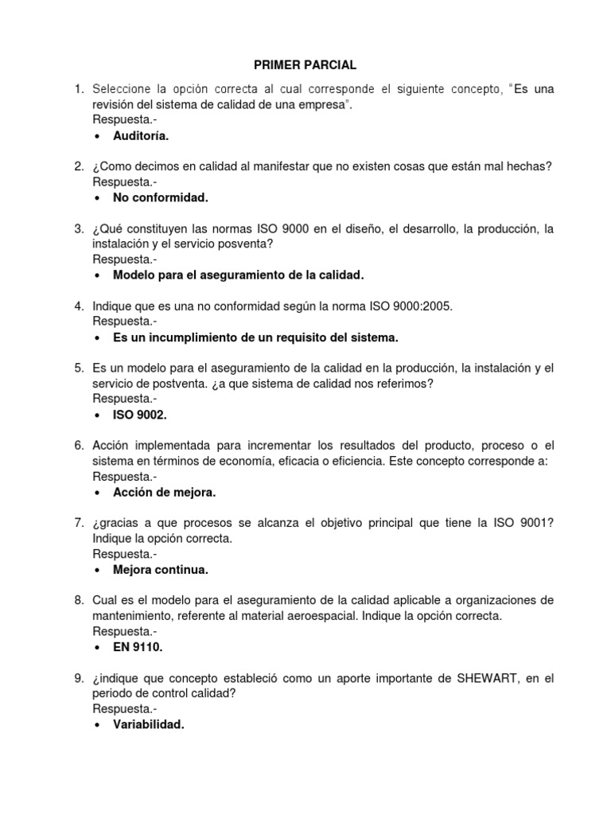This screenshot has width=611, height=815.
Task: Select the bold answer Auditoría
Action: tap(141, 136)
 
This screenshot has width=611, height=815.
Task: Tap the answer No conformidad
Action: tap(160, 197)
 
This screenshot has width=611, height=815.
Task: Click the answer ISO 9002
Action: tap(140, 415)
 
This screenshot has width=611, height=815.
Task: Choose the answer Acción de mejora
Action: tap(164, 492)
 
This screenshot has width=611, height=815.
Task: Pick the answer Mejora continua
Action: tap(161, 570)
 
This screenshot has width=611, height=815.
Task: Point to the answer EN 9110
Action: tap(138, 647)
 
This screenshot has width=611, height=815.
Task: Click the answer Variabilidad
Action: tap(149, 724)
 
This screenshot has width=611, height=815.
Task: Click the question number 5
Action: tap(79, 368)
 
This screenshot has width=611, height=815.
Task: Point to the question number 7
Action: tap(79, 523)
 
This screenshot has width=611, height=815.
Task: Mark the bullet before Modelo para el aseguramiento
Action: tap(97, 275)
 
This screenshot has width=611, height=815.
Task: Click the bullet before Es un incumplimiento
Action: tap(97, 337)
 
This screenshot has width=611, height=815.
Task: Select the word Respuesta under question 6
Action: tap(123, 476)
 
